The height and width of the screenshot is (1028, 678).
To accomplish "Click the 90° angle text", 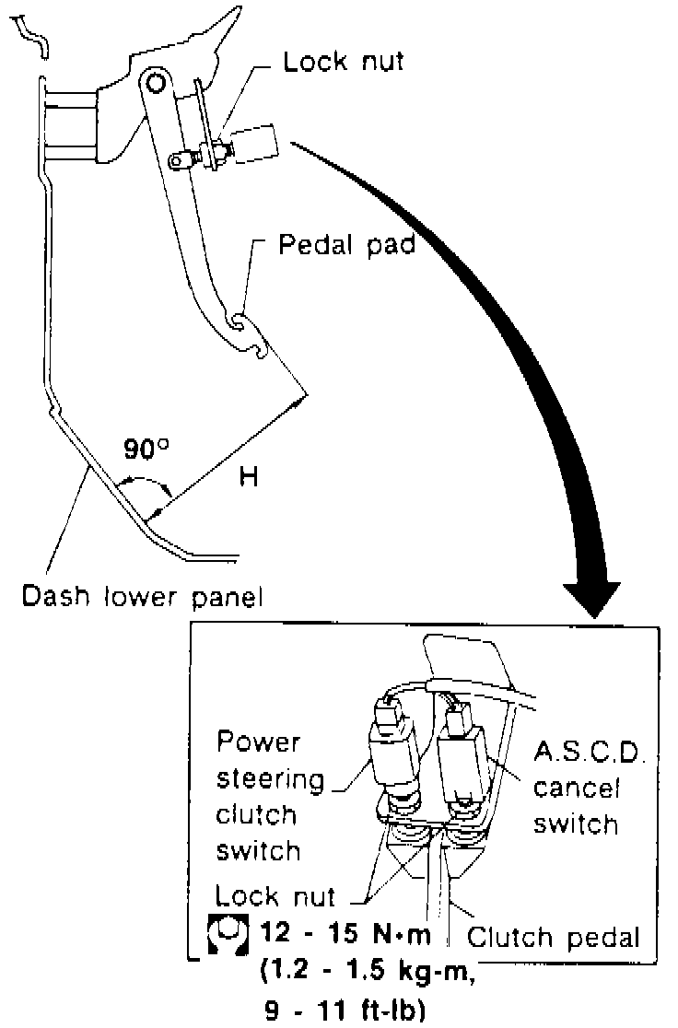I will tap(146, 450).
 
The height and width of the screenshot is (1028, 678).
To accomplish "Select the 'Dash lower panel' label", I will tap(143, 596).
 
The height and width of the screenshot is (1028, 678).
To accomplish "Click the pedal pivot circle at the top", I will tap(154, 83).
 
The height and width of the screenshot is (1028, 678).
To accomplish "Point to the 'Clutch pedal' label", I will tap(553, 938).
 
